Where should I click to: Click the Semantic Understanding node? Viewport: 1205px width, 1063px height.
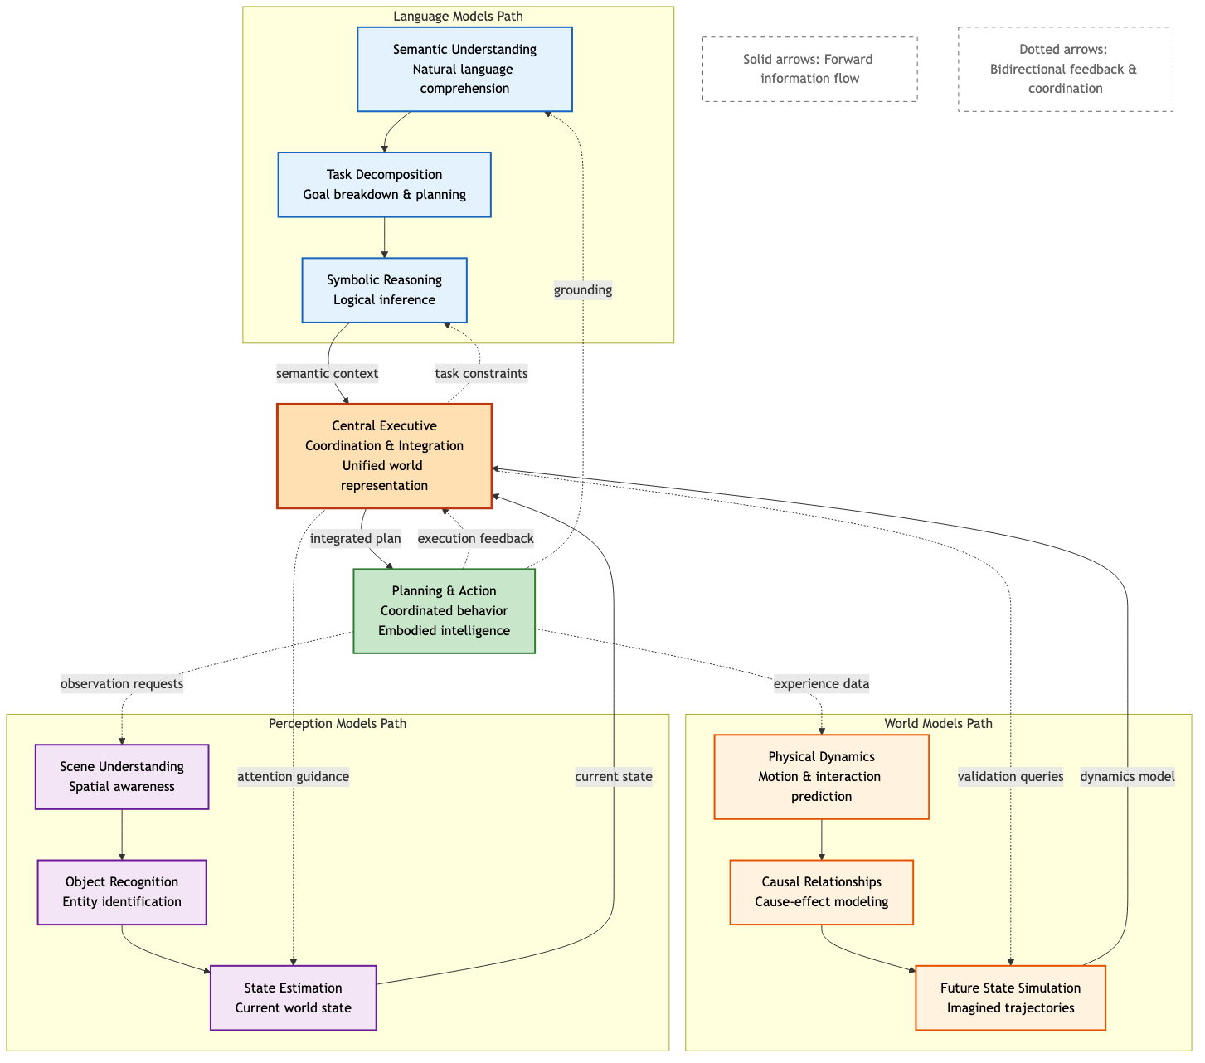click(464, 69)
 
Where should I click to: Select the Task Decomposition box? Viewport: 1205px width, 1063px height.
click(384, 185)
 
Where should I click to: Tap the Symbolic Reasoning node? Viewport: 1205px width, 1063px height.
click(384, 290)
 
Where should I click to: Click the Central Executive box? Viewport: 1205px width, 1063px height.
click(384, 456)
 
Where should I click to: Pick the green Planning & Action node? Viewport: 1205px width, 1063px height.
click(444, 611)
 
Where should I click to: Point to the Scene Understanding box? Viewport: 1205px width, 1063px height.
click(122, 777)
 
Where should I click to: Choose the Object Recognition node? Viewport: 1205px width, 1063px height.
click(122, 892)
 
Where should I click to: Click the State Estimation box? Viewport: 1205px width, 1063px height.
click(293, 998)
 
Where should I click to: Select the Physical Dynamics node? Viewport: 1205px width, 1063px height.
click(821, 777)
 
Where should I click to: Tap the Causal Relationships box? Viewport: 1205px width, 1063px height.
click(821, 892)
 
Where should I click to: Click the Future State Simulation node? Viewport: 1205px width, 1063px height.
click(1010, 998)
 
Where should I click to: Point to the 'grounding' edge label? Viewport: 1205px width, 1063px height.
click(583, 289)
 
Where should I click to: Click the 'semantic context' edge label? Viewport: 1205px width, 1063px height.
click(327, 374)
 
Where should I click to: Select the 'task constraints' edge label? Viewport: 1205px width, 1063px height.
click(481, 374)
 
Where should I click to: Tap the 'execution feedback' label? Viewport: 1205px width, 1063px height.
click(475, 539)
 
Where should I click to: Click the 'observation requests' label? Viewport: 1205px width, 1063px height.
click(122, 684)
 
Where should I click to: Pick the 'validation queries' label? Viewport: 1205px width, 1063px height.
click(1010, 777)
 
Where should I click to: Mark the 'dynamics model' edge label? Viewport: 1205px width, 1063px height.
click(1127, 777)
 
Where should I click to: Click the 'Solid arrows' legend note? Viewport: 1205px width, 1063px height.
click(809, 69)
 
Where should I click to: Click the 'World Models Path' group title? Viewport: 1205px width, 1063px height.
click(938, 724)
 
